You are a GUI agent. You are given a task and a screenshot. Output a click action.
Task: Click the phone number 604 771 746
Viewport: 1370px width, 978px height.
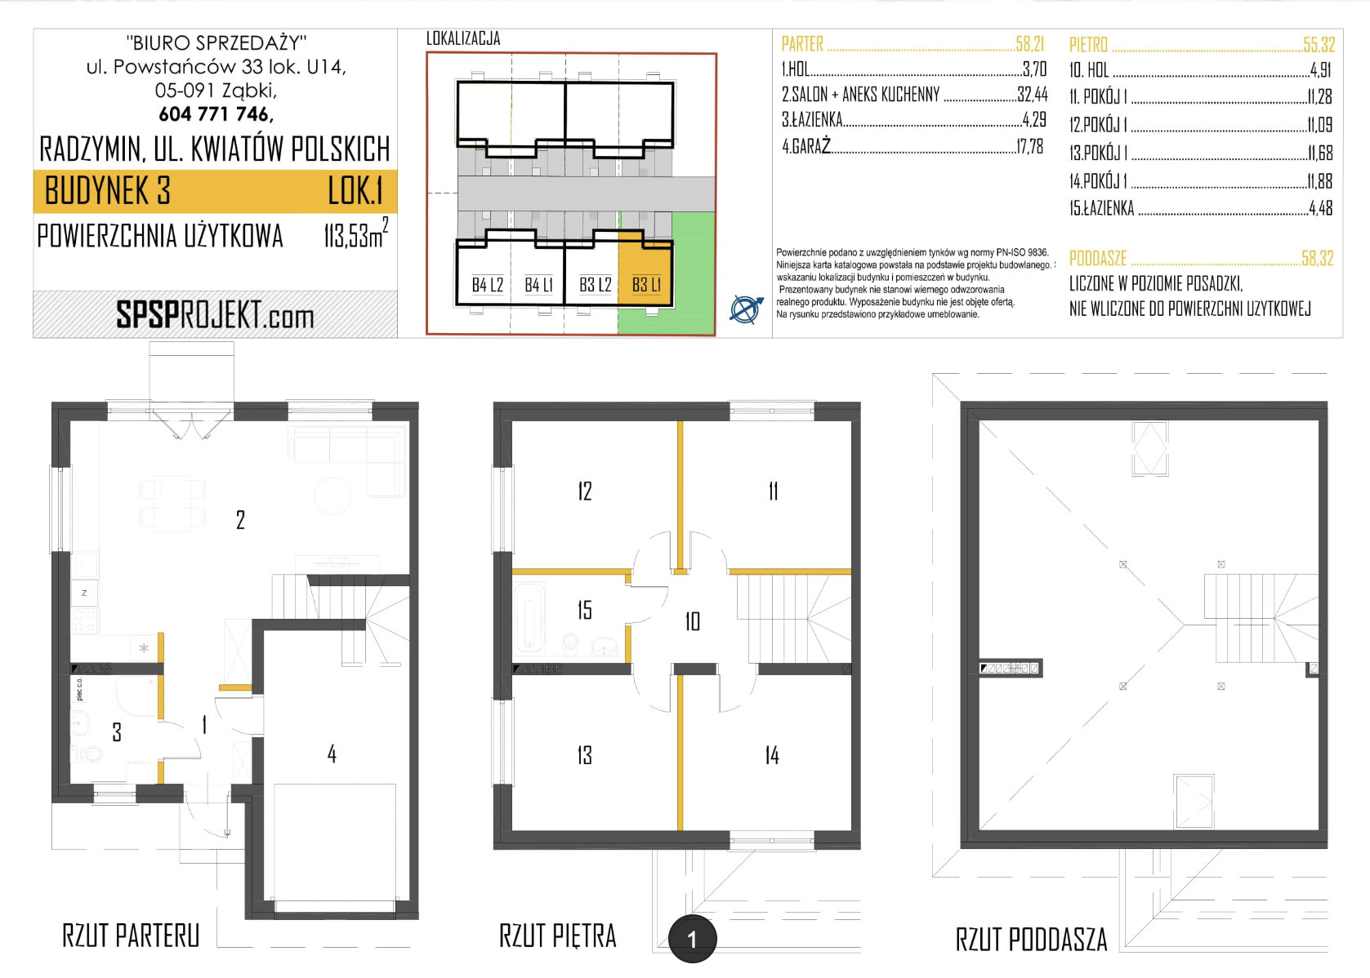pyautogui.click(x=216, y=113)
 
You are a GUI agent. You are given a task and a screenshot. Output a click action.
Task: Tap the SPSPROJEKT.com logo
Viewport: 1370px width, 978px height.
pyautogui.click(x=215, y=315)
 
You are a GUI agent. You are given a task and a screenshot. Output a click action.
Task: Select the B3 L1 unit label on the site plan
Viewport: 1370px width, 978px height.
pyautogui.click(x=646, y=285)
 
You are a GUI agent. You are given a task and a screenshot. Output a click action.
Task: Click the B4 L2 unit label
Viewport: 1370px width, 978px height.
pyautogui.click(x=488, y=285)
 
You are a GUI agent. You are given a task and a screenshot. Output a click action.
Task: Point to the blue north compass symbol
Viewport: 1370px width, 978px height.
pyautogui.click(x=746, y=309)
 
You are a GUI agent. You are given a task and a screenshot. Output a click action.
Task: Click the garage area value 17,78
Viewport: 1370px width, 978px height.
pyautogui.click(x=1029, y=147)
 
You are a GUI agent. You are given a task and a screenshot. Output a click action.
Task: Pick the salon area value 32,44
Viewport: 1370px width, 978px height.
pyautogui.click(x=1033, y=94)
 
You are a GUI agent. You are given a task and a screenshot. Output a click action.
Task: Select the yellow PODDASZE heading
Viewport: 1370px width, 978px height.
pyautogui.click(x=1098, y=259)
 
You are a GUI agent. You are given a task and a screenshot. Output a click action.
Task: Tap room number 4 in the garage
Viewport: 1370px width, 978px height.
pyautogui.click(x=332, y=754)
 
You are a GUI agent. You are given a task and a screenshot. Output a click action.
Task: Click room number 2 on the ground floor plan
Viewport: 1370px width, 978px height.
pyautogui.click(x=240, y=520)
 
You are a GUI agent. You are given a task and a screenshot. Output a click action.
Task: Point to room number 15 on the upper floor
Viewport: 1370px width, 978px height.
pyautogui.click(x=585, y=610)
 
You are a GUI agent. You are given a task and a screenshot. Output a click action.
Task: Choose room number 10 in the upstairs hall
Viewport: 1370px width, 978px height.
pyautogui.click(x=692, y=621)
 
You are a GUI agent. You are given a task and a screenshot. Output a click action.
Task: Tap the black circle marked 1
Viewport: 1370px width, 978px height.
pyautogui.click(x=692, y=939)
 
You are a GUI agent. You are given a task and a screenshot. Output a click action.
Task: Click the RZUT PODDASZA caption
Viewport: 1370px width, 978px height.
pyautogui.click(x=1032, y=940)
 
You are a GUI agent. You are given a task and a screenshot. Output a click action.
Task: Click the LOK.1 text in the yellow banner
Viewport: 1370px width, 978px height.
pyautogui.click(x=355, y=191)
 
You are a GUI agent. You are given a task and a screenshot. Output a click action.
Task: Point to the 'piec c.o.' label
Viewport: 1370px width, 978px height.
pyautogui.click(x=79, y=689)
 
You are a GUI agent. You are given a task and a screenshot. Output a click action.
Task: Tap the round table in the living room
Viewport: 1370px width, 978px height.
pyautogui.click(x=332, y=495)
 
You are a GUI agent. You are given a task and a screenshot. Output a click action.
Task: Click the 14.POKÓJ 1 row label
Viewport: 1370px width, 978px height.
pyautogui.click(x=1099, y=181)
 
